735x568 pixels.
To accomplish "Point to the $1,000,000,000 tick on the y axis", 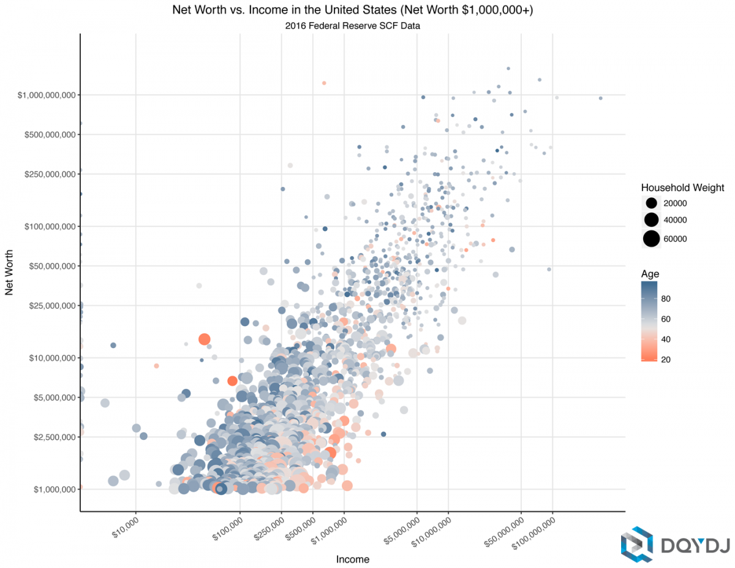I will click(46, 95).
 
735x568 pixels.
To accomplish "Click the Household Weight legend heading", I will click(682, 187).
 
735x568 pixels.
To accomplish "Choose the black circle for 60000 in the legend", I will click(651, 238).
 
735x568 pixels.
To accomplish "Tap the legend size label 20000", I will click(676, 203).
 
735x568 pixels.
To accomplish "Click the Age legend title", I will click(650, 273).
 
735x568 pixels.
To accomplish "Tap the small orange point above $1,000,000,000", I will click(324, 83).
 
